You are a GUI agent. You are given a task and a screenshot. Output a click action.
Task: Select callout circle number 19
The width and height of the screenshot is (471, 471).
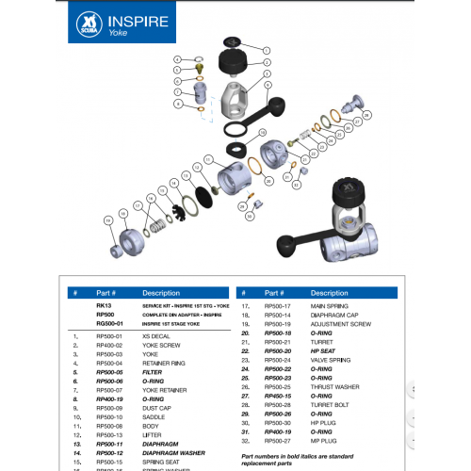tap(107, 219)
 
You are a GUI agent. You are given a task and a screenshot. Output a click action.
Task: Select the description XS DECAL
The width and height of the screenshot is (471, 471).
tap(155, 336)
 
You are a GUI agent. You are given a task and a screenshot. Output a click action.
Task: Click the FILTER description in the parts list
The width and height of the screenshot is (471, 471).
tap(153, 371)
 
